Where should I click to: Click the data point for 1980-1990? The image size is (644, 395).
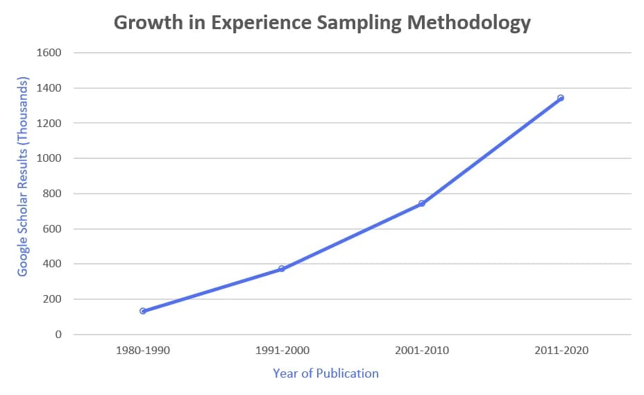tap(143, 311)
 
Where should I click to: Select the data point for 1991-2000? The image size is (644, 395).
tap(282, 269)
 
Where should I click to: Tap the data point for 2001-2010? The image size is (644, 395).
tap(421, 203)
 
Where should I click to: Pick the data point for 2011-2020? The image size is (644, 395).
tap(561, 98)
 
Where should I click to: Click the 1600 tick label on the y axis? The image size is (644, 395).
tap(49, 53)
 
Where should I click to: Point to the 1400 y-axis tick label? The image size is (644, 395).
tap(49, 88)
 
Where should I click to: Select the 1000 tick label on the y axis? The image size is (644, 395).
tap(49, 158)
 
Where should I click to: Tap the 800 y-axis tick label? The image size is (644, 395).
tap(52, 194)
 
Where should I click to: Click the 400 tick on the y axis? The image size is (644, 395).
tap(52, 264)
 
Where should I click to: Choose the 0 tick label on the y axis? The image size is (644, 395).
tap(58, 335)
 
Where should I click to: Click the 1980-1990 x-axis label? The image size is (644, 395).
tap(143, 351)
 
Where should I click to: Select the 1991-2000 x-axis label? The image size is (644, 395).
tap(282, 351)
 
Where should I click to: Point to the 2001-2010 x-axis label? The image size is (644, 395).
tap(422, 351)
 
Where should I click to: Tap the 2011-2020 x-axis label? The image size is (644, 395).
tap(561, 351)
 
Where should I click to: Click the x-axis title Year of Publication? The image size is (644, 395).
tap(325, 373)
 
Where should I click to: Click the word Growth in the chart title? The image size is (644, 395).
tap(149, 22)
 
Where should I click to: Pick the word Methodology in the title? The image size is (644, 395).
tap(468, 23)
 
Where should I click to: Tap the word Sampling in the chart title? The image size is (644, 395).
tap(359, 23)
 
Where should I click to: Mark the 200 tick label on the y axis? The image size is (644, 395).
tap(52, 299)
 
